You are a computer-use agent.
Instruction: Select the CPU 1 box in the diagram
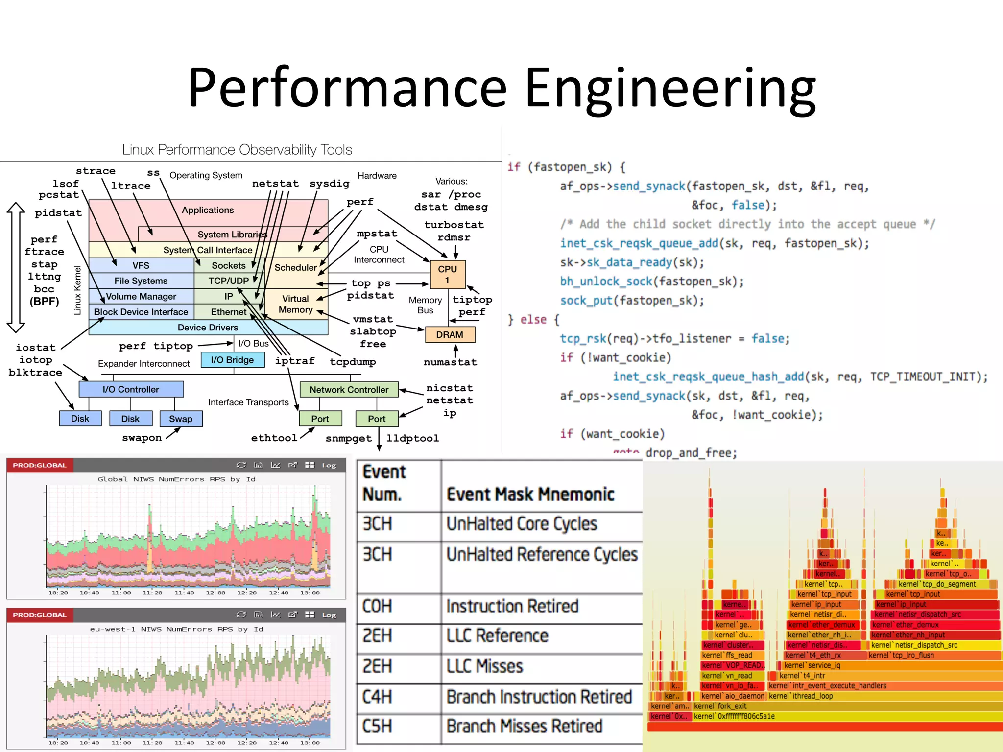447,274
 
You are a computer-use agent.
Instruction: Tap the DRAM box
450,335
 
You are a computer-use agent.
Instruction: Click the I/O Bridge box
232,360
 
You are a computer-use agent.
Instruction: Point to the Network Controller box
349,390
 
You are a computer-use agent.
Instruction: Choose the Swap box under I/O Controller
181,419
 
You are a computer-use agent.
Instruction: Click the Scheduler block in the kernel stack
295,268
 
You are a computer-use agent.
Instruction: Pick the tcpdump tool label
353,362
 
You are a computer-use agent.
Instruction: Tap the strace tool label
96,171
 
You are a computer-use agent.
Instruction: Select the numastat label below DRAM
450,362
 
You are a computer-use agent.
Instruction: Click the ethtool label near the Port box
274,438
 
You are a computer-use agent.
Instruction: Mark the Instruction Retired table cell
512,607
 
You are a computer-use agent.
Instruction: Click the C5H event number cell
377,726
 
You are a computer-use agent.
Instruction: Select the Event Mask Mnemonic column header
530,494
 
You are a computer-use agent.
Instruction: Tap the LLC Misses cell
485,666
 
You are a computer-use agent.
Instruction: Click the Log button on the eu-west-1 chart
329,615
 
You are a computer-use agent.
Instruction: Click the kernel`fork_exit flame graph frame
720,706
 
